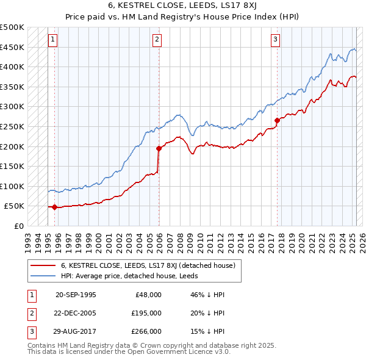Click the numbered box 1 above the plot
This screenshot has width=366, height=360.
click(x=53, y=40)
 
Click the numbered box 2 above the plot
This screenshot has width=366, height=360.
click(x=157, y=40)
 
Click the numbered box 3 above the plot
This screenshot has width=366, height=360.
click(x=275, y=40)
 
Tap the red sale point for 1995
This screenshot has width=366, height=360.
click(x=55, y=207)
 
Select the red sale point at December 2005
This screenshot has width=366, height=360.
click(x=159, y=148)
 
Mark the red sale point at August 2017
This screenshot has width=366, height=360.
click(x=277, y=120)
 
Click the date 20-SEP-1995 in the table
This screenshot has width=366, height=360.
click(x=76, y=295)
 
